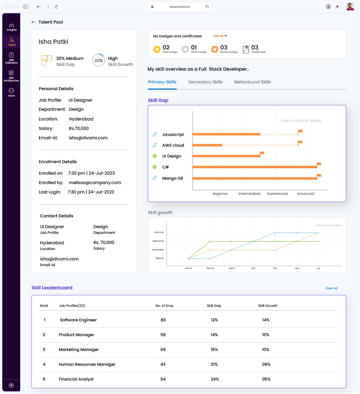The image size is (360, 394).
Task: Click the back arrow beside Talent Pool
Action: click(x=33, y=22)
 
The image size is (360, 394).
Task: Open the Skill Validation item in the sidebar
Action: click(x=11, y=58)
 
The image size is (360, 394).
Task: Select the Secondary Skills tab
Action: click(x=205, y=82)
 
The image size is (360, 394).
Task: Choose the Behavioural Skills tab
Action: click(x=252, y=82)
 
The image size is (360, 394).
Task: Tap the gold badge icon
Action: click(x=157, y=49)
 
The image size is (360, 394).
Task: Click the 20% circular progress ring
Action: click(x=98, y=61)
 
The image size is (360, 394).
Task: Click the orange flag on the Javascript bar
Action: click(x=300, y=132)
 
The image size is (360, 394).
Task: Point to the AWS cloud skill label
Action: click(x=173, y=145)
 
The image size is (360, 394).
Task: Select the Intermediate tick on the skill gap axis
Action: click(x=249, y=194)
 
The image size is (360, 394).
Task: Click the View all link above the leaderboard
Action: click(x=331, y=288)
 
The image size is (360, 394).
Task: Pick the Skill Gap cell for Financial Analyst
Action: click(x=215, y=379)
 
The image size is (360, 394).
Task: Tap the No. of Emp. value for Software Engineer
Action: click(x=163, y=320)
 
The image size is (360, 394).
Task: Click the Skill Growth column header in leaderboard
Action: click(x=268, y=306)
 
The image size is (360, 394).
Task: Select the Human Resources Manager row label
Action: click(x=87, y=364)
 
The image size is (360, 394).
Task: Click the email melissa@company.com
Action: click(x=95, y=183)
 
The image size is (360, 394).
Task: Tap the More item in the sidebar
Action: click(x=11, y=92)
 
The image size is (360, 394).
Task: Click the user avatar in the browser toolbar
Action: click(x=350, y=7)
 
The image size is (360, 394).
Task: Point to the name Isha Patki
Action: click(x=53, y=42)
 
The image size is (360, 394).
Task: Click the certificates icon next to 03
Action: click(x=246, y=49)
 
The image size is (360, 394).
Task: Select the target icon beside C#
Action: click(x=155, y=167)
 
